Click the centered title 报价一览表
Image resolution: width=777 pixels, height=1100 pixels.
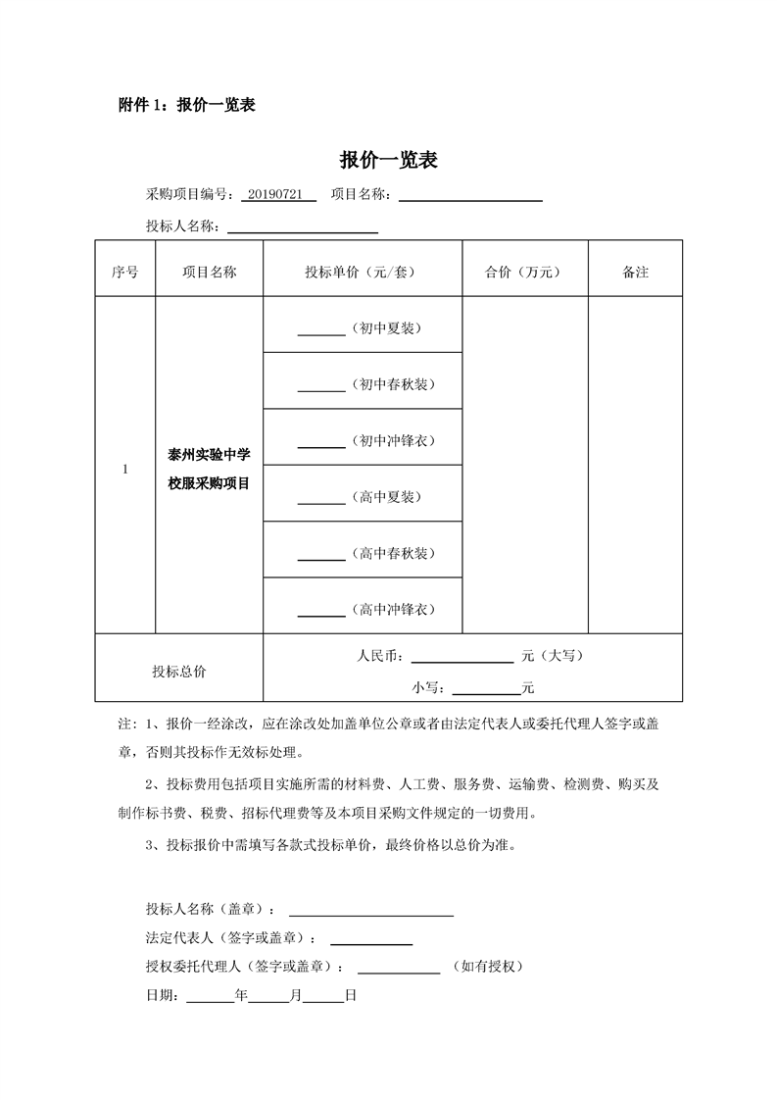[388, 161]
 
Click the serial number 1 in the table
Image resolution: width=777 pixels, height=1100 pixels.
[125, 470]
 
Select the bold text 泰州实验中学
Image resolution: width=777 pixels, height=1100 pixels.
[209, 455]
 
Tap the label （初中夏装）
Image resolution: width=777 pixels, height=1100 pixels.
[388, 328]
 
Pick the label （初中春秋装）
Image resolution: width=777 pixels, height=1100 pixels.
[392, 384]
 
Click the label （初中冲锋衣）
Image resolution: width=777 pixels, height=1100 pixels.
[392, 440]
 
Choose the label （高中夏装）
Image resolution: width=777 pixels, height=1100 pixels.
[388, 497]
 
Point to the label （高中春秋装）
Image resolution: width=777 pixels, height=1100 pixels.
[392, 554]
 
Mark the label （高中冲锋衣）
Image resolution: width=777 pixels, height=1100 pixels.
[392, 610]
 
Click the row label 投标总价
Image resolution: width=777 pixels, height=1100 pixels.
[179, 672]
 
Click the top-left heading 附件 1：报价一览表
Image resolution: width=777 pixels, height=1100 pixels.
[186, 105]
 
